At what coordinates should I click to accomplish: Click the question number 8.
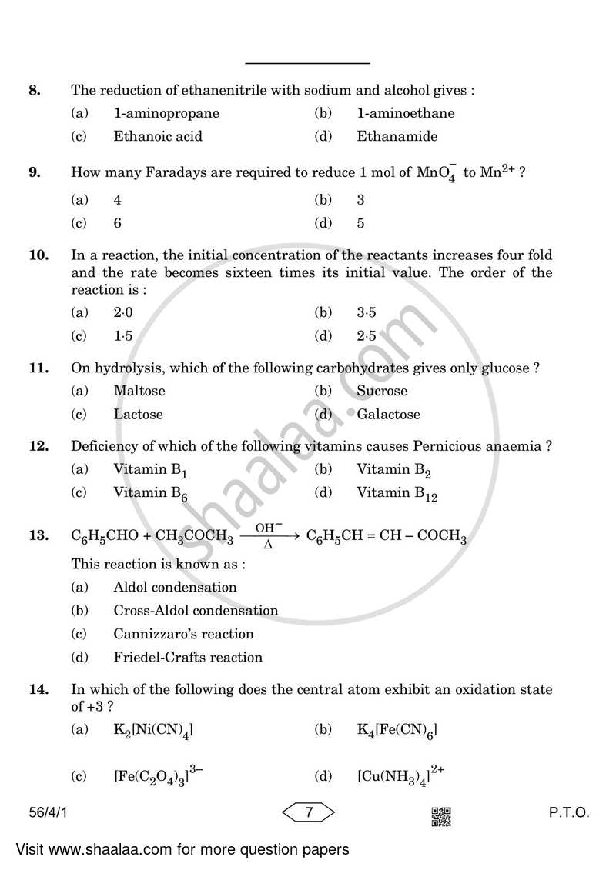(x=34, y=91)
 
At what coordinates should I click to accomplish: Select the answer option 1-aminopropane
(x=166, y=114)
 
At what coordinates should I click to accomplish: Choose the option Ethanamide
(x=397, y=137)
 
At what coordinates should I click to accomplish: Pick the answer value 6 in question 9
(x=118, y=224)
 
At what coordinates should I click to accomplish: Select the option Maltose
(x=139, y=391)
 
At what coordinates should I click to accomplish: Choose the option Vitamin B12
(x=397, y=493)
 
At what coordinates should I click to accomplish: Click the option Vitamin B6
(x=151, y=493)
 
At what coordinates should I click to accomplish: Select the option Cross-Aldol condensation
(x=196, y=611)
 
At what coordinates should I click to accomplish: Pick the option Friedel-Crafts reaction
(x=188, y=658)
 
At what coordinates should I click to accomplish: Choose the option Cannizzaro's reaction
(x=183, y=635)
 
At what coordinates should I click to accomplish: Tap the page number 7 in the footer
(x=307, y=812)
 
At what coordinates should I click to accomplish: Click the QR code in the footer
(x=440, y=815)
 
